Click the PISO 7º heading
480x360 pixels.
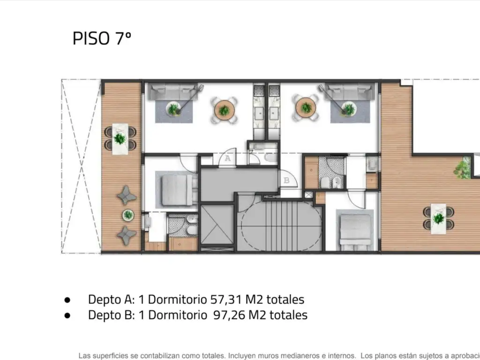[102, 38]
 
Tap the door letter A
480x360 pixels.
[227, 158]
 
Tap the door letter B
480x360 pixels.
[286, 180]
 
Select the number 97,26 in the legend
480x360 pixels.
[229, 315]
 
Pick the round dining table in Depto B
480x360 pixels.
[306, 108]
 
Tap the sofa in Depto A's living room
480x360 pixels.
[173, 91]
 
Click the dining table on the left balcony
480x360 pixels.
[120, 139]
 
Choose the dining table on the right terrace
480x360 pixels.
[438, 218]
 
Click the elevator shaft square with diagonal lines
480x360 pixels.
[217, 225]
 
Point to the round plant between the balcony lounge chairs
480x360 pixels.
[128, 215]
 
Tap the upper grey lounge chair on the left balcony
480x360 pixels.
[126, 195]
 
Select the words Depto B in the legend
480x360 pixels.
[111, 315]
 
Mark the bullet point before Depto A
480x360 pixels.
[67, 300]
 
